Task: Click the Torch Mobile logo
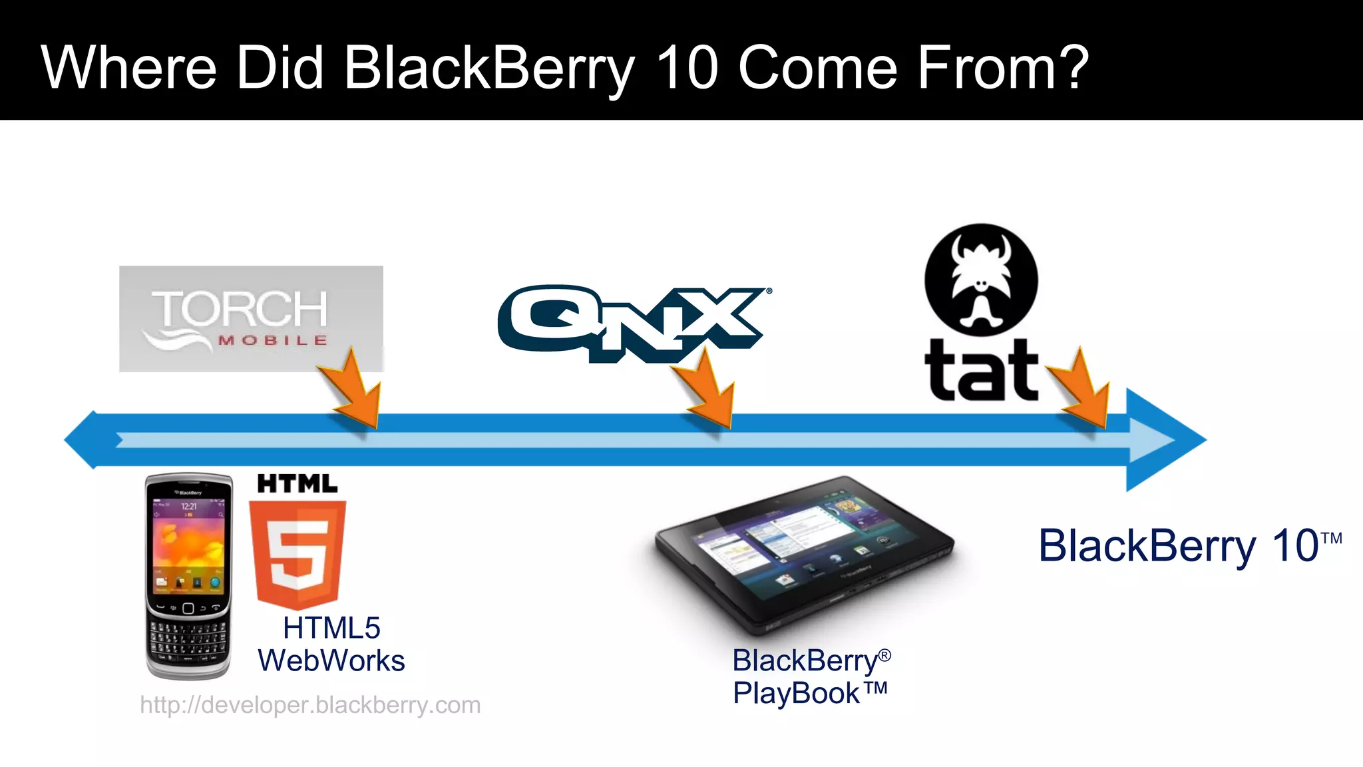[x=250, y=318]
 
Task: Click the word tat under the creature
[x=981, y=371]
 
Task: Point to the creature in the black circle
[x=981, y=280]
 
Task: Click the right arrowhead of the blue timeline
[x=1165, y=440]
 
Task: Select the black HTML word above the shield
[x=297, y=484]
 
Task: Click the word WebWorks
[x=331, y=661]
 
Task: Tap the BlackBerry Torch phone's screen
[x=189, y=543]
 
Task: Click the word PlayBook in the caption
[x=796, y=694]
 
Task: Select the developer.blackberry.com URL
[x=310, y=705]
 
